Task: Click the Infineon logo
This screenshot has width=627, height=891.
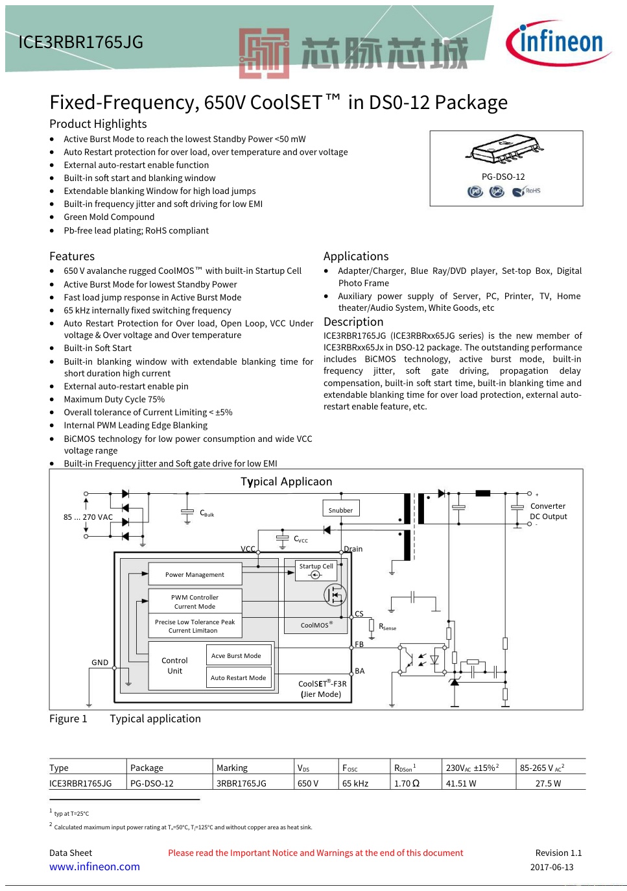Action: click(x=558, y=43)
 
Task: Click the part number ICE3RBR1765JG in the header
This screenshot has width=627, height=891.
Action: click(x=80, y=42)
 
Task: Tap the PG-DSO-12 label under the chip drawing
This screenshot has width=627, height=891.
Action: click(x=503, y=177)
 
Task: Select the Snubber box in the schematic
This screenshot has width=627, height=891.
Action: click(x=340, y=509)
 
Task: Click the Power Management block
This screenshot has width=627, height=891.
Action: click(x=195, y=574)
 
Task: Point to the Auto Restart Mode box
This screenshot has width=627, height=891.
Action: click(x=238, y=677)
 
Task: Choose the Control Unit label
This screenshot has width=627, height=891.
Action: click(x=175, y=666)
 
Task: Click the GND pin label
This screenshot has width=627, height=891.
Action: click(x=100, y=663)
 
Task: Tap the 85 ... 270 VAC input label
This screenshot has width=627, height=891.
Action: click(x=88, y=517)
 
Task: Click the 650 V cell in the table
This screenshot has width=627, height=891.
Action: click(x=308, y=783)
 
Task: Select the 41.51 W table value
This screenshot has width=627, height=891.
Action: click(x=461, y=783)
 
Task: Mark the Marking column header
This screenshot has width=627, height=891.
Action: click(x=232, y=768)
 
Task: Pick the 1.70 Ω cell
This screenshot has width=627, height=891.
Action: click(x=407, y=783)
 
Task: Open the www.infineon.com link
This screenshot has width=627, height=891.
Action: click(x=95, y=866)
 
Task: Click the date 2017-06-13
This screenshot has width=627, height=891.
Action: click(x=552, y=867)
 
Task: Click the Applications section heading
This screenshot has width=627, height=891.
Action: click(x=356, y=256)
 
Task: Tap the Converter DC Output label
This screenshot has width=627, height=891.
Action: click(x=548, y=511)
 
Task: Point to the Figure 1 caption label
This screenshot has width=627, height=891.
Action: click(x=68, y=718)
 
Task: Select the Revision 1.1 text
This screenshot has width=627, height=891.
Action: click(x=558, y=853)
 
